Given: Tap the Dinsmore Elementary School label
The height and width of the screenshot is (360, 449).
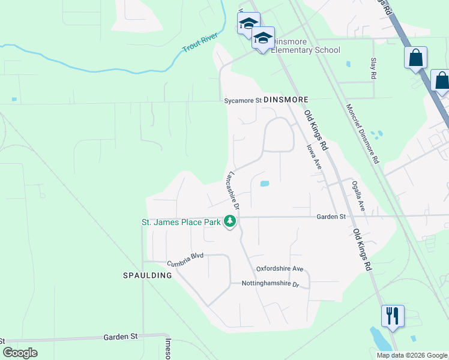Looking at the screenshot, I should tap(306, 46).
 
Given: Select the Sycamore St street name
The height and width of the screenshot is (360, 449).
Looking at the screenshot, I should tap(243, 101).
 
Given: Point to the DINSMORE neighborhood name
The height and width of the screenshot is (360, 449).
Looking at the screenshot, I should tap(286, 100).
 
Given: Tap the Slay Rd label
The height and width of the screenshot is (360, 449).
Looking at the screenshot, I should tap(373, 70).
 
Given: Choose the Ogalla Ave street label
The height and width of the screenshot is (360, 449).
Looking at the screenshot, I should tap(358, 196).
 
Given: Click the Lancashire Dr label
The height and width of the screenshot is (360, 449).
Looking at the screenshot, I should tap(232, 190).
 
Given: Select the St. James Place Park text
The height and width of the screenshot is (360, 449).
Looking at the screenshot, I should tap(181, 222).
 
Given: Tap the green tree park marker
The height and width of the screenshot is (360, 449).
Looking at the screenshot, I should tap(229, 222).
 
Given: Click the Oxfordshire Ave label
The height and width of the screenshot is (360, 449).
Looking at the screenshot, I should tap(280, 269).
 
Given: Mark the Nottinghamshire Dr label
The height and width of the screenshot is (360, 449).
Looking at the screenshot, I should tap(270, 284).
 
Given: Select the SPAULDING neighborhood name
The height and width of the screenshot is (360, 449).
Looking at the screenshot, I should tap(147, 275).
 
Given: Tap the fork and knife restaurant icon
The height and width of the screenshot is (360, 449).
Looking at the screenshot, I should tap(393, 316).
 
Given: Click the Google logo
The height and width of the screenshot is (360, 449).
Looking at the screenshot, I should tap(20, 353).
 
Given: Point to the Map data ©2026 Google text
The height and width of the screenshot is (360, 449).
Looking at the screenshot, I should tap(411, 355).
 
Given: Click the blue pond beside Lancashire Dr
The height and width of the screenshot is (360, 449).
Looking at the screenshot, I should tap(264, 184).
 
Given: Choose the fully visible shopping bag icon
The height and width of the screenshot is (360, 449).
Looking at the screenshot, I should tap(415, 59).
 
